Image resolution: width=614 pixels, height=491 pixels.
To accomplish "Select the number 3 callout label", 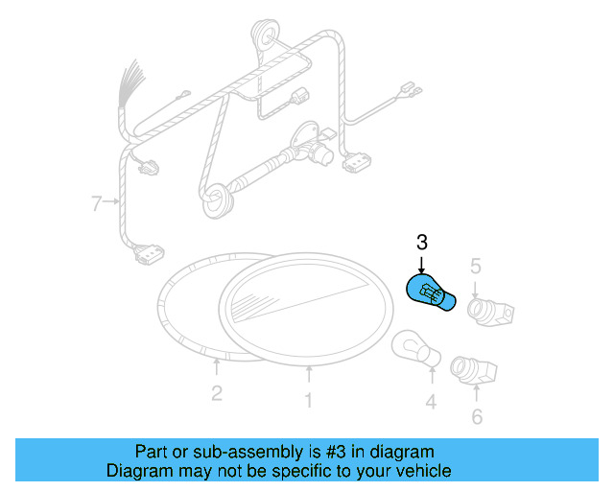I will (x=421, y=242).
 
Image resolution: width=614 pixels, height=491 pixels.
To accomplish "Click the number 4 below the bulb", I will (x=431, y=402).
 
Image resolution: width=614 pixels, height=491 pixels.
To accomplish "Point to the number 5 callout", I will (x=474, y=265).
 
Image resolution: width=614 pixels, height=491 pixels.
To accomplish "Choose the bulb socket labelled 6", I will (x=473, y=368).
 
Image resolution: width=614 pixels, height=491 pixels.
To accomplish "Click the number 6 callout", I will (x=477, y=416).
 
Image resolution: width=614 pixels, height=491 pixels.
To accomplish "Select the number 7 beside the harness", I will (x=96, y=202).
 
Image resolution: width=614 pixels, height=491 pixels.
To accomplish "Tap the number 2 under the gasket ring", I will (x=217, y=392).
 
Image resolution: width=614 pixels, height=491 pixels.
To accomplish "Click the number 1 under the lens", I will (x=308, y=401).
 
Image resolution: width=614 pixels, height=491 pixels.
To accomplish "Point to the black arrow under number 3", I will (x=421, y=266).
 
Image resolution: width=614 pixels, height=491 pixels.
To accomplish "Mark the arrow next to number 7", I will (x=113, y=202).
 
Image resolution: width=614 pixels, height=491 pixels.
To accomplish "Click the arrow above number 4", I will (x=431, y=378).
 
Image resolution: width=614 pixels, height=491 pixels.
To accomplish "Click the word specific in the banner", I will (x=300, y=471).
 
